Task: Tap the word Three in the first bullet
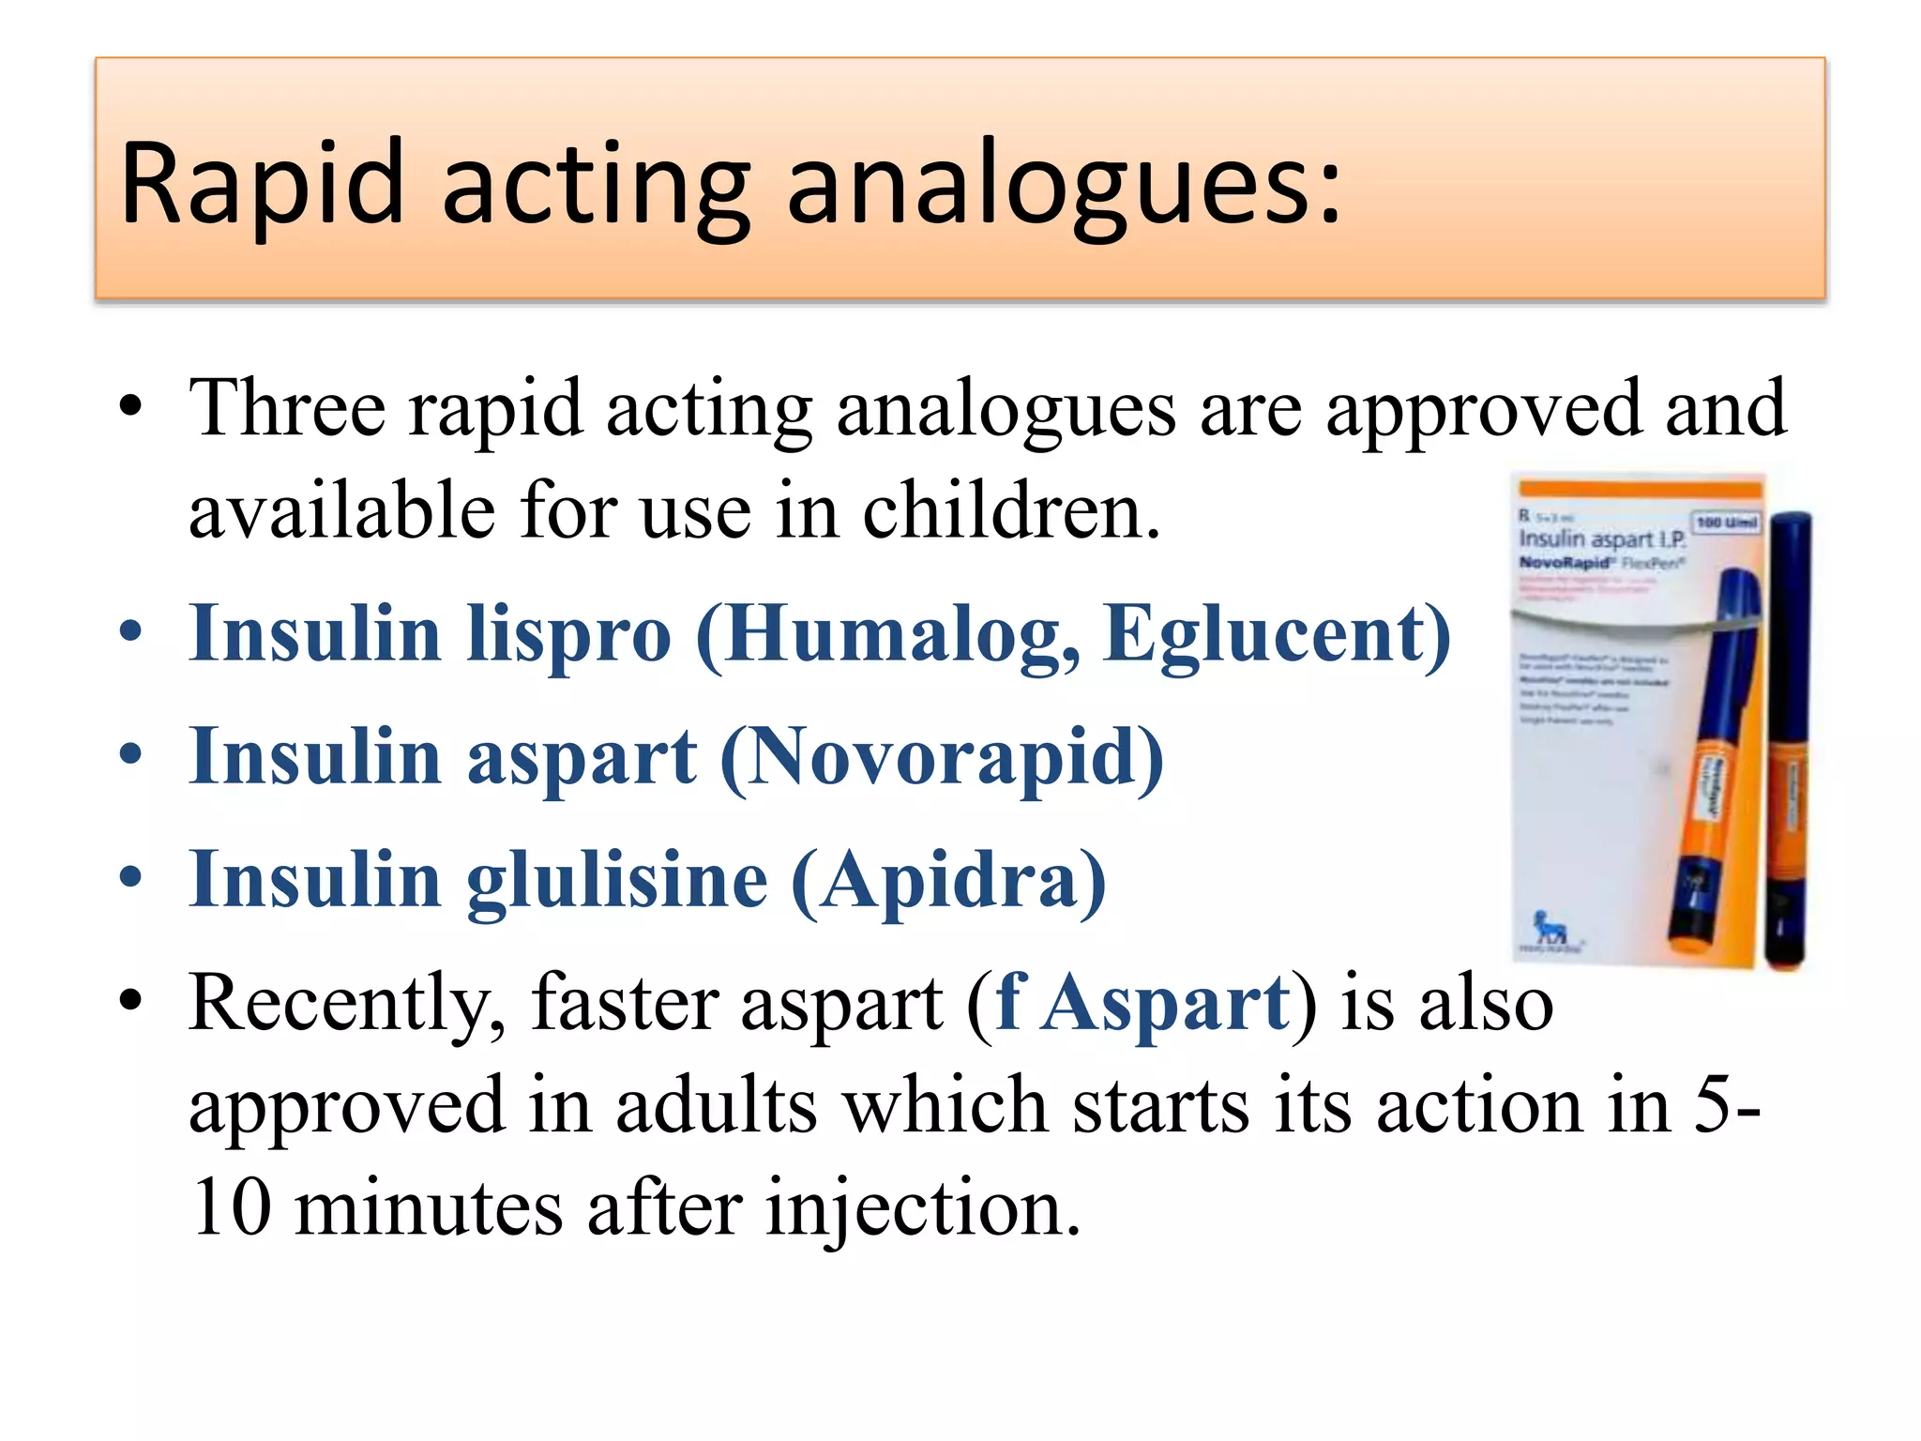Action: coord(287,409)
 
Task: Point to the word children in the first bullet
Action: coord(1009,511)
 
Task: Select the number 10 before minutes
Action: coord(231,1208)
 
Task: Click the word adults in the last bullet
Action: coord(717,1107)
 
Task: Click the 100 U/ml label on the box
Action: coord(1726,522)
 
